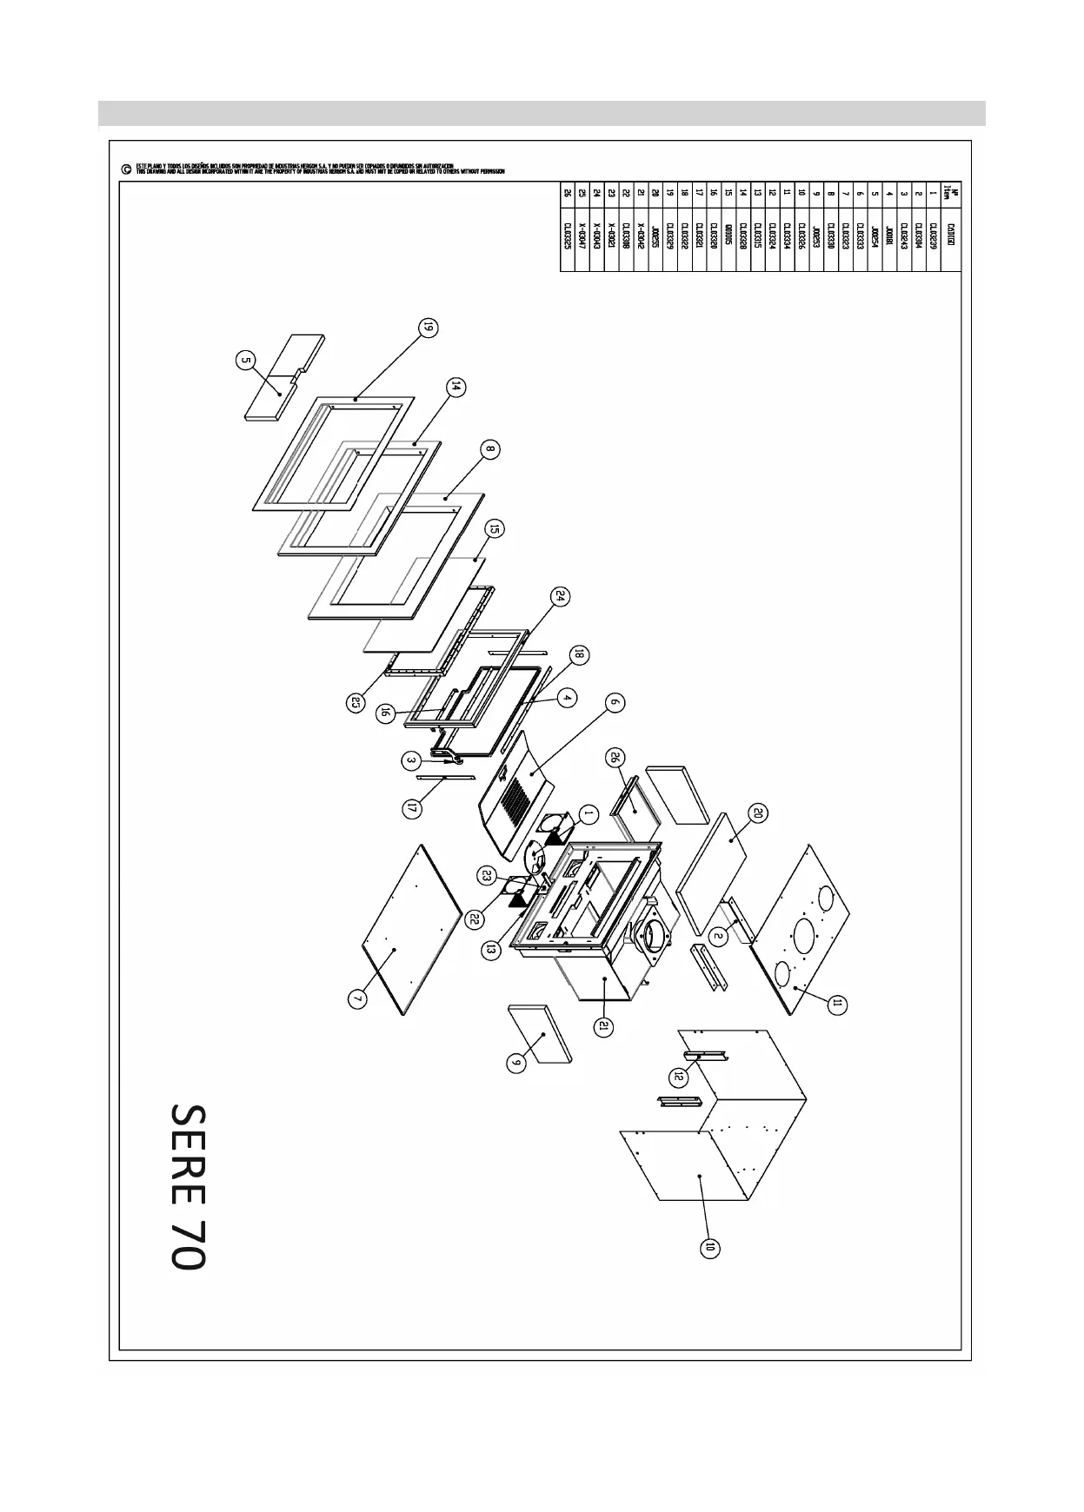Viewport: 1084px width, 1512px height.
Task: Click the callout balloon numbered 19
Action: [x=428, y=328]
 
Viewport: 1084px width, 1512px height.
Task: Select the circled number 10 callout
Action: [x=710, y=1248]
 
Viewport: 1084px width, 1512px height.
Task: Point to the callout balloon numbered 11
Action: [x=837, y=1005]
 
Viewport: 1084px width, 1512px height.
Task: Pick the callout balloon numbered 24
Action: [x=561, y=596]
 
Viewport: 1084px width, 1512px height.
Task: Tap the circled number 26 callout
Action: [x=616, y=758]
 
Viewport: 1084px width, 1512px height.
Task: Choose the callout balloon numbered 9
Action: [x=516, y=1062]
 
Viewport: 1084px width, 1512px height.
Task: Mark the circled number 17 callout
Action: [x=413, y=808]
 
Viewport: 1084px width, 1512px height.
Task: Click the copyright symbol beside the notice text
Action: [x=127, y=169]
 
